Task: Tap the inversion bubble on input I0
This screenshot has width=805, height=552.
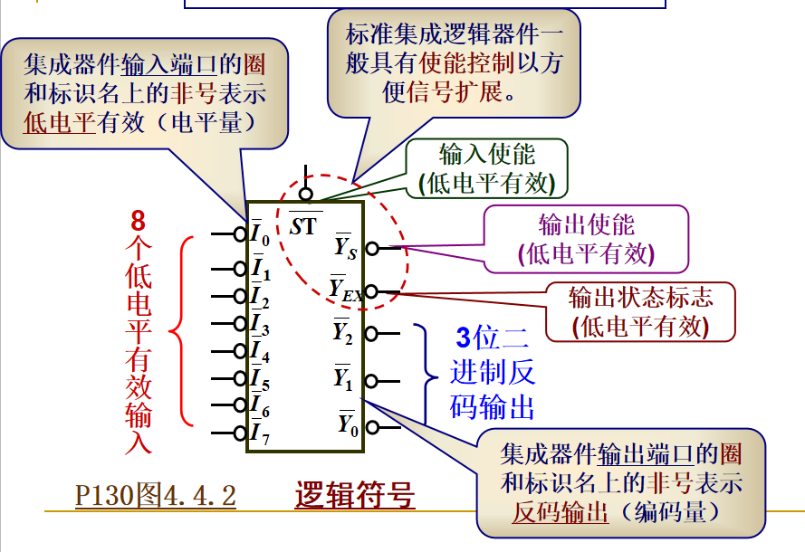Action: (239, 233)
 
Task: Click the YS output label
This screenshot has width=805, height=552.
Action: (345, 247)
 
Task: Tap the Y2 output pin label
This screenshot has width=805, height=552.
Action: (343, 332)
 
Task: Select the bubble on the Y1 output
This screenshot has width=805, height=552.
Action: (370, 380)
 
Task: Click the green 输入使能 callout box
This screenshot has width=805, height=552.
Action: (487, 169)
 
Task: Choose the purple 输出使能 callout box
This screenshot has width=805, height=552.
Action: (586, 239)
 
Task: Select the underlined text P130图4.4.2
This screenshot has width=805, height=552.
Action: (155, 496)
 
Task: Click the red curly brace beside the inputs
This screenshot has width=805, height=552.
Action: (181, 330)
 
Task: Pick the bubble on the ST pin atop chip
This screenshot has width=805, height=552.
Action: (306, 194)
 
